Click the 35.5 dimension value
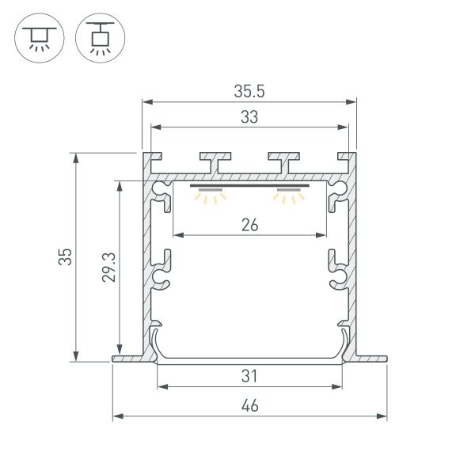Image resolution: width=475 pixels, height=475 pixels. [x=249, y=90]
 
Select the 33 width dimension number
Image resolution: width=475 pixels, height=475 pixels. [x=249, y=117]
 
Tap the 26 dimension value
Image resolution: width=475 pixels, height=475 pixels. [x=249, y=225]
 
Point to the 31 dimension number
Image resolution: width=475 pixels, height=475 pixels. [x=249, y=375]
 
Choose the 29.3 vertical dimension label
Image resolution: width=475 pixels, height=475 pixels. [x=110, y=268]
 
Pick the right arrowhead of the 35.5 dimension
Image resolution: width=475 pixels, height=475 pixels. [x=350, y=101]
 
